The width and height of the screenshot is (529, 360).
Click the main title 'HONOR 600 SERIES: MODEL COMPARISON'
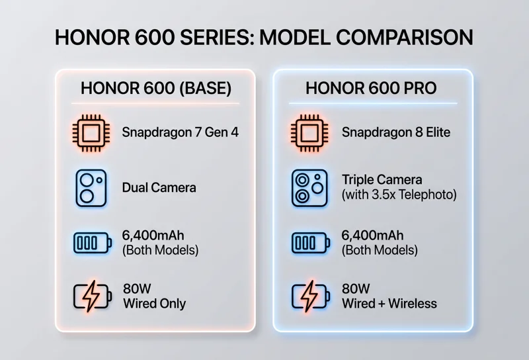[x=264, y=36]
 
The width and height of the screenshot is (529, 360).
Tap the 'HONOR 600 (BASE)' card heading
[x=155, y=88]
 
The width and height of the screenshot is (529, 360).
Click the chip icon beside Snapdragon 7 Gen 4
[x=89, y=132]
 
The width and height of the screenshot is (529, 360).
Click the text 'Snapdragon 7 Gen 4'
[x=180, y=132]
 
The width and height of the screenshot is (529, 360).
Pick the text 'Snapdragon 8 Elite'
[x=395, y=132]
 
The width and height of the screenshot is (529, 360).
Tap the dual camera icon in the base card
[x=89, y=187]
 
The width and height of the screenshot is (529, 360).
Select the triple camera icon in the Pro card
[x=308, y=187]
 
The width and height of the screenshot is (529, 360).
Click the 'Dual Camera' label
[x=159, y=187]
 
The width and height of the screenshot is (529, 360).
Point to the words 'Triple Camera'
[x=382, y=180]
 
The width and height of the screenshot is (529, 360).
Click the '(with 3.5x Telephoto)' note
[x=399, y=195]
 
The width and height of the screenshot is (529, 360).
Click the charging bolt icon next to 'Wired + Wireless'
[x=308, y=297]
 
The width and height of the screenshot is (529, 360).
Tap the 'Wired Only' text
[x=154, y=304]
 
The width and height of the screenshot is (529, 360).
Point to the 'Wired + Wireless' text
[x=389, y=304]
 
